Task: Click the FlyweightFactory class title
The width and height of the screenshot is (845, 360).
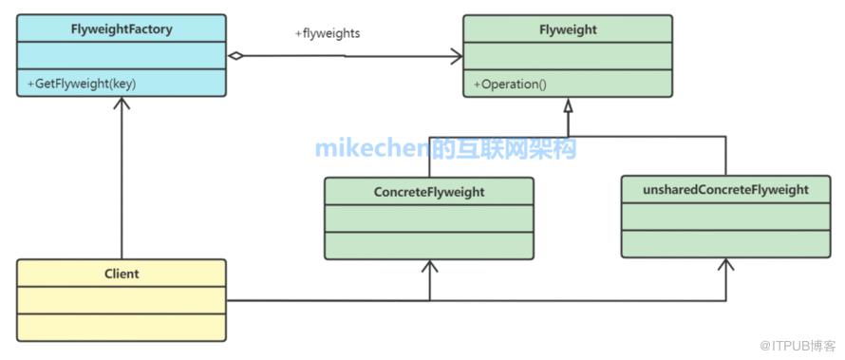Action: coord(122,28)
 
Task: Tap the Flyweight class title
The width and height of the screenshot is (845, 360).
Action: coord(568,29)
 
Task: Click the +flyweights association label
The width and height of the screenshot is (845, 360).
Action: coord(328,33)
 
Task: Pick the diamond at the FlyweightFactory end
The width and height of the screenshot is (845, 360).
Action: coord(235,55)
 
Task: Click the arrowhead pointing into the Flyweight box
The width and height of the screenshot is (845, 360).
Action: coord(457,56)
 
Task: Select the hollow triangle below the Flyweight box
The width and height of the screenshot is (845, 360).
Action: coord(568,105)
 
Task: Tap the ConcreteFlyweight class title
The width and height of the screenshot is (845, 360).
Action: coord(429,192)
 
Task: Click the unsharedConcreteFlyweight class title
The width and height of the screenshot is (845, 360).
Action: coord(726,190)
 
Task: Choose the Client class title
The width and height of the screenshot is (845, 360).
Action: coord(122,274)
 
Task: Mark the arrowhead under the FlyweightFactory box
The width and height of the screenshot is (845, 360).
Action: coord(122,104)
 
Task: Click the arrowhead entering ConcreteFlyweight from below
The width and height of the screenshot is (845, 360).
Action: coord(429,266)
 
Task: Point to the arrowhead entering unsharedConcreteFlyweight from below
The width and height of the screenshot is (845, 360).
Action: coord(726,264)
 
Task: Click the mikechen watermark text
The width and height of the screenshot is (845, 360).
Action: coord(445,148)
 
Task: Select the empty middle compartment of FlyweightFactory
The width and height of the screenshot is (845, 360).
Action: coord(122,55)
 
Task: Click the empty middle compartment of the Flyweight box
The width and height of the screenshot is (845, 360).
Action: coord(568,56)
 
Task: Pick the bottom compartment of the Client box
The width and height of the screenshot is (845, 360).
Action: coord(122,327)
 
